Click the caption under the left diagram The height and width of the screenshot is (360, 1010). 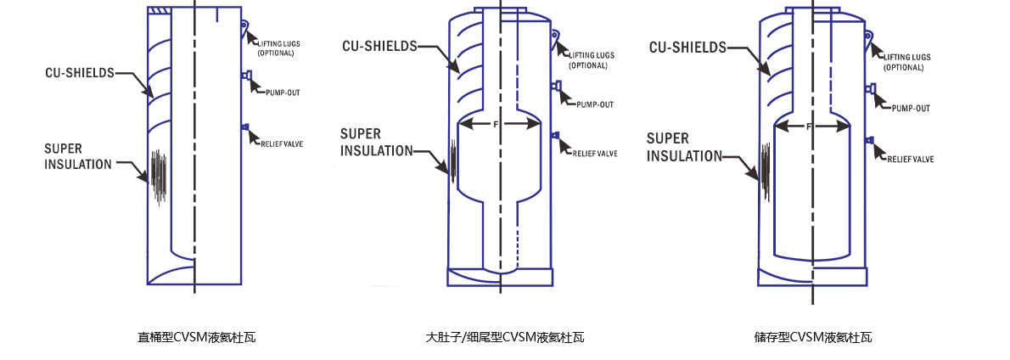[x=197, y=337]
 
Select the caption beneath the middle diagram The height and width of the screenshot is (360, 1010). [x=505, y=337]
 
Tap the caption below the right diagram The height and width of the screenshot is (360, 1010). [x=813, y=337]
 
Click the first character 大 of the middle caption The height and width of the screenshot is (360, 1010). [x=431, y=337]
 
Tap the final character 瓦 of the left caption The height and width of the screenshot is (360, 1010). [x=250, y=337]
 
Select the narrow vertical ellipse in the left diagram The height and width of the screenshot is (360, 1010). [x=158, y=178]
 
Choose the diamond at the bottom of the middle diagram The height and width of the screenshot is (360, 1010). [x=499, y=276]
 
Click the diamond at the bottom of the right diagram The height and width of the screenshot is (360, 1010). [x=812, y=275]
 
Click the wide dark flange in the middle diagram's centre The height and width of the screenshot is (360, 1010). [x=499, y=130]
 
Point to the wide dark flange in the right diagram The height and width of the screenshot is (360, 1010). [x=812, y=130]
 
